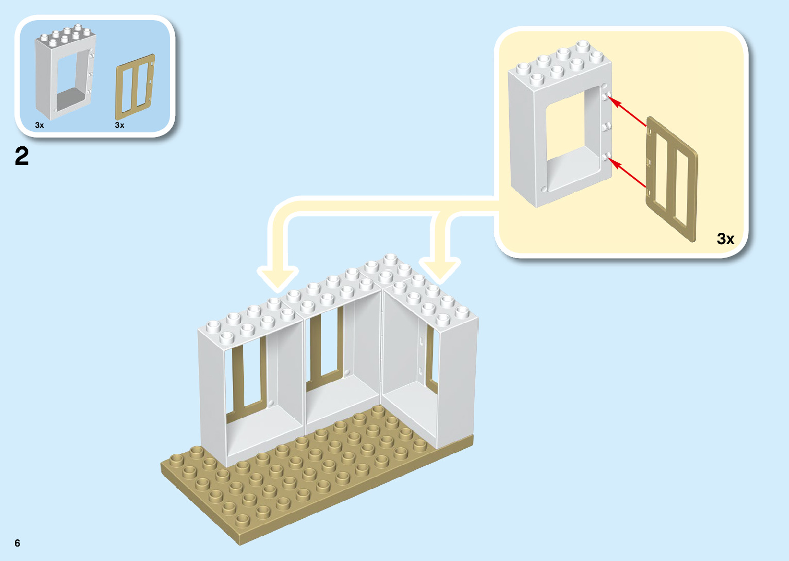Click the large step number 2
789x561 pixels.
(x=22, y=156)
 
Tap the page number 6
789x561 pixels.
(x=18, y=543)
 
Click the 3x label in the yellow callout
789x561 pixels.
(x=725, y=239)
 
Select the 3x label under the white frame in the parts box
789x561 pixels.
(x=40, y=125)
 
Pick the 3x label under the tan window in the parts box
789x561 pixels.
(x=120, y=125)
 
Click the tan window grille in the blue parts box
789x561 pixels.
(x=135, y=86)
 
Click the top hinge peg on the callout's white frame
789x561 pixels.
(x=607, y=95)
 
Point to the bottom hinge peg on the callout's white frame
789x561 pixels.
(x=607, y=156)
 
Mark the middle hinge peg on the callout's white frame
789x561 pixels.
(x=607, y=126)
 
